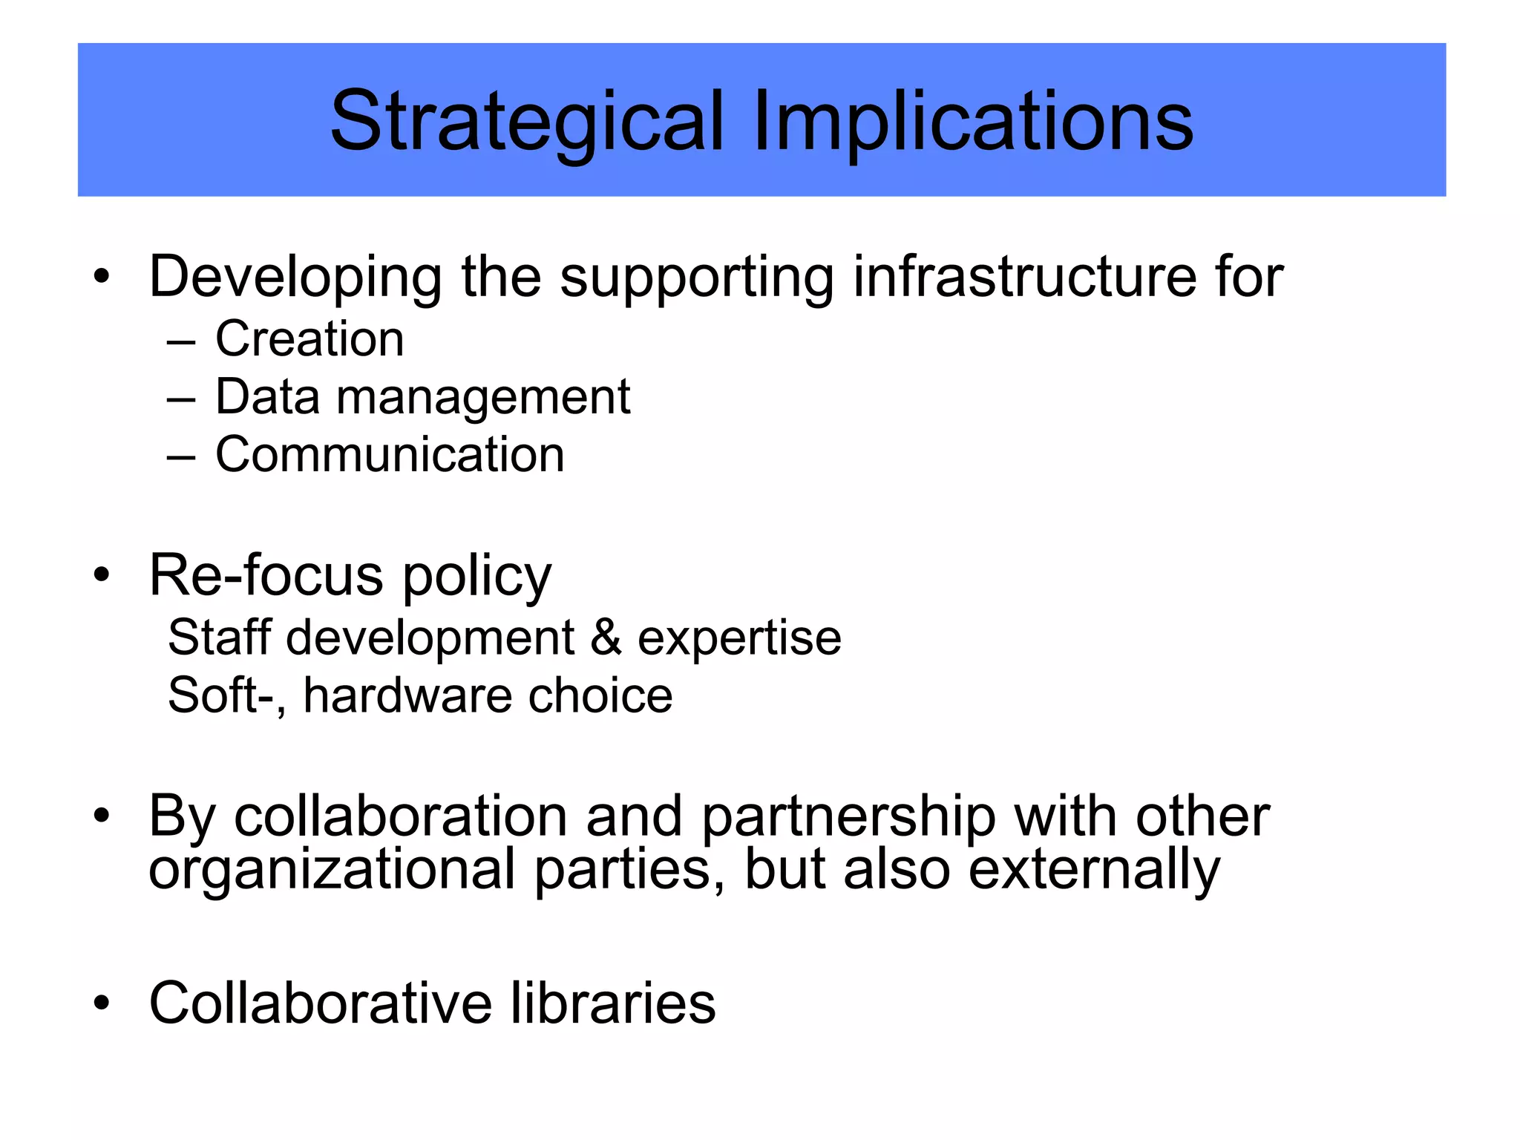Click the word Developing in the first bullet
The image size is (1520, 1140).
pyautogui.click(x=295, y=277)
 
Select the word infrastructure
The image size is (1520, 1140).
pyautogui.click(x=1024, y=277)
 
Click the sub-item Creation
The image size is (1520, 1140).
pyautogui.click(x=309, y=339)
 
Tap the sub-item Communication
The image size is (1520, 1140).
pyautogui.click(x=390, y=454)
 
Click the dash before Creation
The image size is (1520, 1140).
pyautogui.click(x=181, y=343)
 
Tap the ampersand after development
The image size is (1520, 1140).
pyautogui.click(x=606, y=638)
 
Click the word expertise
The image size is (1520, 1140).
pyautogui.click(x=739, y=638)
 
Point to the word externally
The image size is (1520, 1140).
pyautogui.click(x=1094, y=870)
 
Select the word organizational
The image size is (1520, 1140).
pyautogui.click(x=332, y=871)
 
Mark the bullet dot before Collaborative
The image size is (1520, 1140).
pyautogui.click(x=102, y=1003)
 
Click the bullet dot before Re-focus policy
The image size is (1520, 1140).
pyautogui.click(x=102, y=575)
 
